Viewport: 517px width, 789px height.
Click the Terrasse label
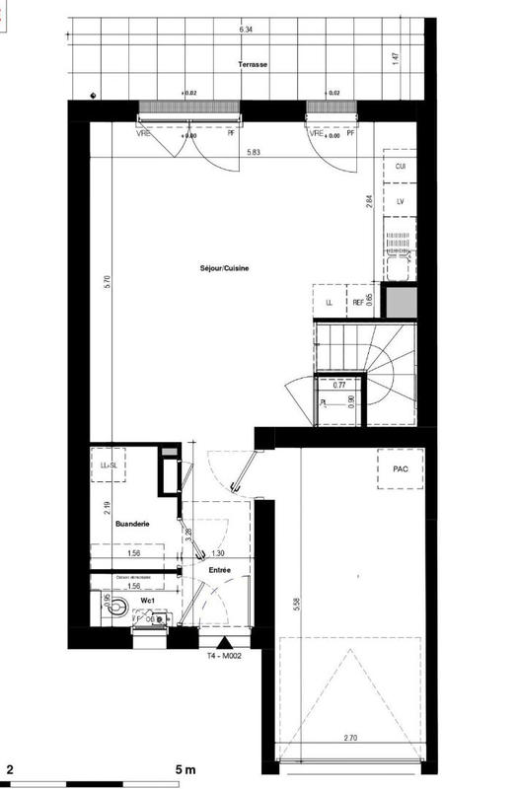click(254, 64)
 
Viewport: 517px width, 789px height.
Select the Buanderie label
click(132, 526)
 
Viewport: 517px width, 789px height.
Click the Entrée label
click(219, 570)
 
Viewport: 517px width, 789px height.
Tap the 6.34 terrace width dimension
click(246, 31)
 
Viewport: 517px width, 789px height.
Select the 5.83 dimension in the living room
click(255, 153)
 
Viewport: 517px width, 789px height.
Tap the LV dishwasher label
click(401, 201)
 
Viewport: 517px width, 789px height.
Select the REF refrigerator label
click(357, 303)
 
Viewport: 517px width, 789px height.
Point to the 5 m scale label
click(185, 767)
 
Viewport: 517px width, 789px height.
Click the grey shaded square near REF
click(401, 302)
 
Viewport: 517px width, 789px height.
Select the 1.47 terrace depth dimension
click(395, 60)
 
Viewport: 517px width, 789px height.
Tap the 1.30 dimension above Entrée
click(218, 553)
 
